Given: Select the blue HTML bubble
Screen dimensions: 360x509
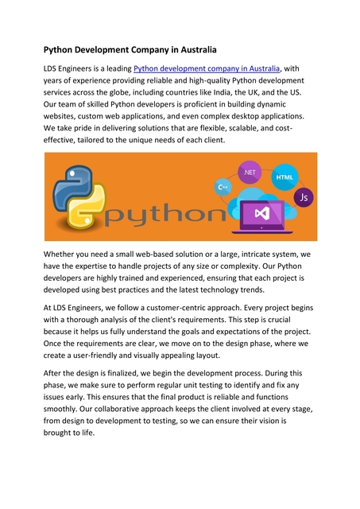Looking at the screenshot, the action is click(x=284, y=176).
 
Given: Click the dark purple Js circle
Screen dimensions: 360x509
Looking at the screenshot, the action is click(x=303, y=196).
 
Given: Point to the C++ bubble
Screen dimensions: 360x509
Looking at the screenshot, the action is click(x=223, y=187).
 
